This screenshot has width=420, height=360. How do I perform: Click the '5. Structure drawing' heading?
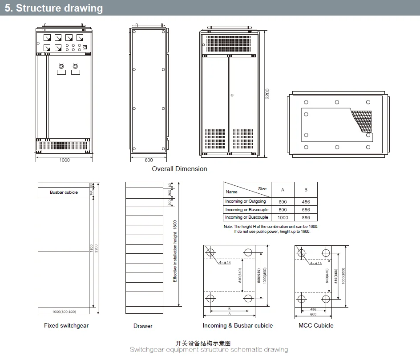[x=53, y=8]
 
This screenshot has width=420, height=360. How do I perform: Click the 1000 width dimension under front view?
[x=65, y=160]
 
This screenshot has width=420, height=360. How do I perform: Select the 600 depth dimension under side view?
[x=149, y=160]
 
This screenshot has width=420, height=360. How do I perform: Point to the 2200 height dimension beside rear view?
[x=267, y=94]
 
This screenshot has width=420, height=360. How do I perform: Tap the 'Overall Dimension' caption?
[x=179, y=169]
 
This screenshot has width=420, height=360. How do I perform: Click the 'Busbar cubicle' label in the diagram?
[x=64, y=192]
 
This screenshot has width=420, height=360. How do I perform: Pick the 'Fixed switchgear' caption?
[x=66, y=326]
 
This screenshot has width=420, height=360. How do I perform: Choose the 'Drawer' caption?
[x=143, y=326]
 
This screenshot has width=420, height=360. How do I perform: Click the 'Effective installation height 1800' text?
[x=175, y=251]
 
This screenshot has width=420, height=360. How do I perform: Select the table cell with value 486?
[x=306, y=202]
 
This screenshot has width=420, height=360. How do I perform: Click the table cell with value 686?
[x=306, y=210]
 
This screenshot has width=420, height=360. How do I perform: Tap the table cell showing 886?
[x=306, y=218]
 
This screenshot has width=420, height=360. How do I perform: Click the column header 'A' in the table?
[x=283, y=190]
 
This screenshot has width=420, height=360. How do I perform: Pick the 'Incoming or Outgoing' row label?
[x=246, y=202]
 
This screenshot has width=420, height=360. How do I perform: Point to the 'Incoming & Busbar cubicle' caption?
[x=238, y=326]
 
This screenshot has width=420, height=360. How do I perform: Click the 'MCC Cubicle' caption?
[x=316, y=326]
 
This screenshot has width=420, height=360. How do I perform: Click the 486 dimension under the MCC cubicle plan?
[x=313, y=309]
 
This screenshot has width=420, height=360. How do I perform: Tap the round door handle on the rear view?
[x=231, y=95]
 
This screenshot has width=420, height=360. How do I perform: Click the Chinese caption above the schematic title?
[x=203, y=343]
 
